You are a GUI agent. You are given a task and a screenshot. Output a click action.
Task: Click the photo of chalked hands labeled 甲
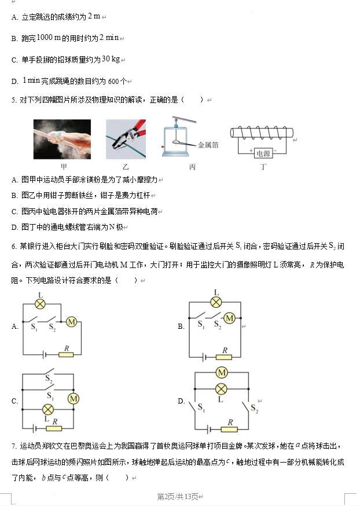click(x=62, y=139)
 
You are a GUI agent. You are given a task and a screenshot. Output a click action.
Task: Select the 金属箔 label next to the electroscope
click(x=207, y=145)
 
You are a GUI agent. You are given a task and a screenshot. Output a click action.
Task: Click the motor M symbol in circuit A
click(x=72, y=322)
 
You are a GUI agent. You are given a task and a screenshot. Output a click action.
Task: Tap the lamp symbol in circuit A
click(x=40, y=303)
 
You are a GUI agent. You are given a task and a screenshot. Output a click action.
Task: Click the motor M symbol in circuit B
click(x=229, y=318)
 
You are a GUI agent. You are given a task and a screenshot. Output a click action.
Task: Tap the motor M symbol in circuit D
click(x=221, y=372)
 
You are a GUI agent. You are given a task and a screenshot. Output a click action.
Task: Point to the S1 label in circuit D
click(x=201, y=408)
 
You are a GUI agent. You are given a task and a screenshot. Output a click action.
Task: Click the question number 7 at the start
click(x=13, y=446)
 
